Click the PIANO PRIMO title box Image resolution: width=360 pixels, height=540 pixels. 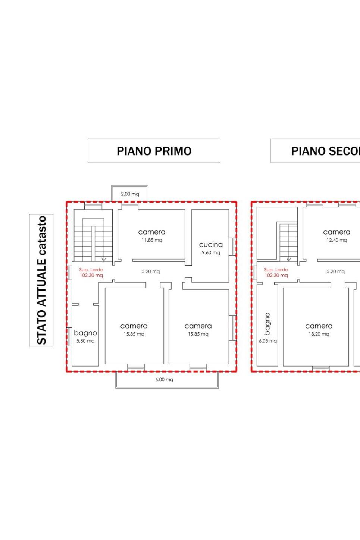(x=154, y=151)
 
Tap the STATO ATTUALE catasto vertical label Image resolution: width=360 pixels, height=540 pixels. (x=41, y=280)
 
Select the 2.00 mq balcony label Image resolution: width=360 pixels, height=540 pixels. (x=130, y=194)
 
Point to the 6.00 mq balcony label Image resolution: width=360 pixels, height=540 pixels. (x=164, y=379)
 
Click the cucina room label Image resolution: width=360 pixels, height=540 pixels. (x=211, y=245)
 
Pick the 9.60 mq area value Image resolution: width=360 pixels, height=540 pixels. (x=211, y=252)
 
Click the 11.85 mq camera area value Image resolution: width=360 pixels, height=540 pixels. (x=151, y=240)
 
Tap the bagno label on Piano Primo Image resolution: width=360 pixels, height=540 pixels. (x=85, y=333)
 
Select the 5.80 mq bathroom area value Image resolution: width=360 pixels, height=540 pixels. (x=85, y=341)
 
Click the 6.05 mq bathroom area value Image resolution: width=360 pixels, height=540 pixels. (x=267, y=341)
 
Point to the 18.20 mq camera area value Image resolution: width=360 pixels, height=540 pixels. (x=319, y=334)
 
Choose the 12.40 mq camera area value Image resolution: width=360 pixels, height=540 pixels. (x=336, y=240)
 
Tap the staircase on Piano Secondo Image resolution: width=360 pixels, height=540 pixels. (x=288, y=242)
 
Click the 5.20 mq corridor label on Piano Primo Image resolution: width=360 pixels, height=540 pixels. (x=150, y=271)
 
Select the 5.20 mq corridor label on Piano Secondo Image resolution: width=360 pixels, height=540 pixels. (x=335, y=271)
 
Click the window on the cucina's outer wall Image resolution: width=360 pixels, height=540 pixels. (x=232, y=247)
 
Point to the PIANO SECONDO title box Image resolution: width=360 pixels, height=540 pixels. (x=316, y=151)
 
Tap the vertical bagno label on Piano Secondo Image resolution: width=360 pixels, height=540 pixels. (x=267, y=324)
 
